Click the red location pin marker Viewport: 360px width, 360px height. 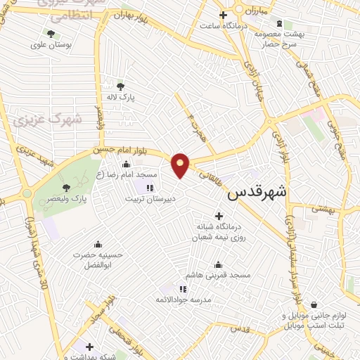pos(181,164)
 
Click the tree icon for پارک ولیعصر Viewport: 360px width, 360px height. pos(66,188)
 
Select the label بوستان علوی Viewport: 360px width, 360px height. pos(48,46)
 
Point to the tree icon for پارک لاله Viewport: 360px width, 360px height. pos(120,86)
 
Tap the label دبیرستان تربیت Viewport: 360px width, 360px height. pos(149,198)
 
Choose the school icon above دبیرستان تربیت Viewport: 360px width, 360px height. pos(149,187)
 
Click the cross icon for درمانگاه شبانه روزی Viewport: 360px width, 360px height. pos(219,216)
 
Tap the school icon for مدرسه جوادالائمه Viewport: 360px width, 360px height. pos(183,288)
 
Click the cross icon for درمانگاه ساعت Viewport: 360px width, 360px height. pos(223,15)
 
